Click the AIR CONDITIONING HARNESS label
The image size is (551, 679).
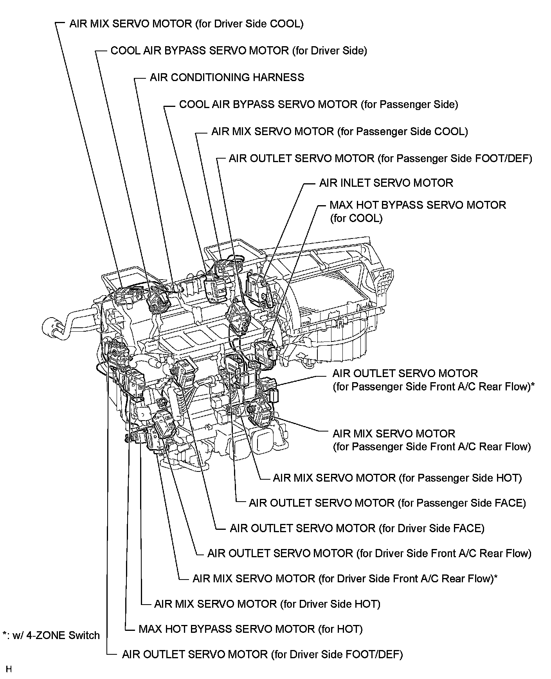click(227, 78)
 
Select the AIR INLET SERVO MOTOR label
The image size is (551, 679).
click(386, 183)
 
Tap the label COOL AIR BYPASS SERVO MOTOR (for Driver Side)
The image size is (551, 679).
click(239, 51)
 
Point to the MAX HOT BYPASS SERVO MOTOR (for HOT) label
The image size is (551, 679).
click(250, 629)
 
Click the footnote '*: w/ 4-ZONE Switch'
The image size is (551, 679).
click(51, 636)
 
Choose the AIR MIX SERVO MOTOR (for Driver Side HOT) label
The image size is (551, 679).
click(267, 604)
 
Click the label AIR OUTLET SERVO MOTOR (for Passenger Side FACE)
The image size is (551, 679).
click(387, 503)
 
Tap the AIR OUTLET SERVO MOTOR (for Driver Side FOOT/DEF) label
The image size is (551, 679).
click(262, 654)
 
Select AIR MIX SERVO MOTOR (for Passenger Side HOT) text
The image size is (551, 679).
click(397, 478)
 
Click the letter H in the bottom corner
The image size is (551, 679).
click(9, 669)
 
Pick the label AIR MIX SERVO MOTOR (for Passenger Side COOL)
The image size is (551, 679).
click(339, 132)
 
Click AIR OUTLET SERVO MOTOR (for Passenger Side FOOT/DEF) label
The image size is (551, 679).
click(380, 159)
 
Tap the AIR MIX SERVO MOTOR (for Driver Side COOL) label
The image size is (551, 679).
click(186, 24)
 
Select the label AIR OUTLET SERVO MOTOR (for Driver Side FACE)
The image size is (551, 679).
click(357, 529)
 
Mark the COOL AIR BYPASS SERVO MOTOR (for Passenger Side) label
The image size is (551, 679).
click(318, 105)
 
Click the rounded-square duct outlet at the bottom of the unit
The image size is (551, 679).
click(264, 441)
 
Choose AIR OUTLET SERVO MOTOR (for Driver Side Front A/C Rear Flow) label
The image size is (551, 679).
click(369, 554)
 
